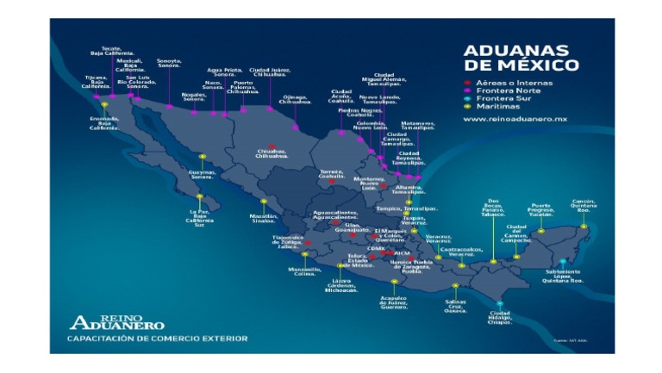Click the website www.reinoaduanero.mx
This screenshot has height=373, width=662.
[515, 119]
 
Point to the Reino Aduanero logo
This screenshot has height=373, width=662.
[116, 321]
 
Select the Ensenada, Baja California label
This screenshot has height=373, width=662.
[103, 123]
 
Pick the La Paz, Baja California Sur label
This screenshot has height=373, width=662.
[199, 217]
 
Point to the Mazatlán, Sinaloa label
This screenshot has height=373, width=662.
[263, 219]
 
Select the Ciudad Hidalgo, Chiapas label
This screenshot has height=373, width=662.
[500, 317]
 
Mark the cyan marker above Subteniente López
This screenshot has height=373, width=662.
[563, 261]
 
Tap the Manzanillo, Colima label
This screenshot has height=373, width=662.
[303, 271]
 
